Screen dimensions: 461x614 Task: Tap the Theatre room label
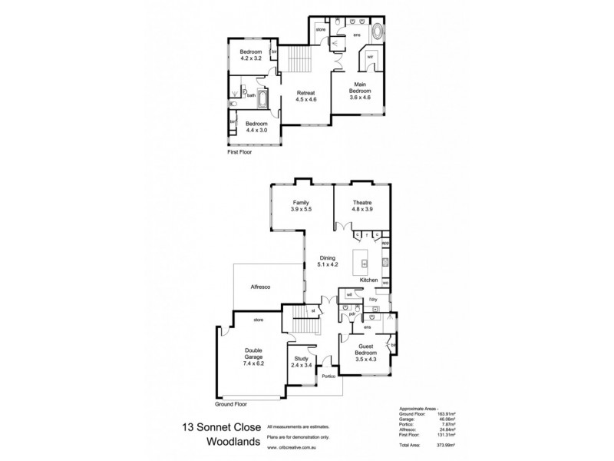click(361, 206)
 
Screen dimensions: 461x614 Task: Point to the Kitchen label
click(369, 280)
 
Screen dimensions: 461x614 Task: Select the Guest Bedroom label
click(365, 354)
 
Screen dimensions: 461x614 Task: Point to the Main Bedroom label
click(361, 92)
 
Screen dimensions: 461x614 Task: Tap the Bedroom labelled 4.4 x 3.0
click(256, 127)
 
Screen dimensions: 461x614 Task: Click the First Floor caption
click(240, 152)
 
